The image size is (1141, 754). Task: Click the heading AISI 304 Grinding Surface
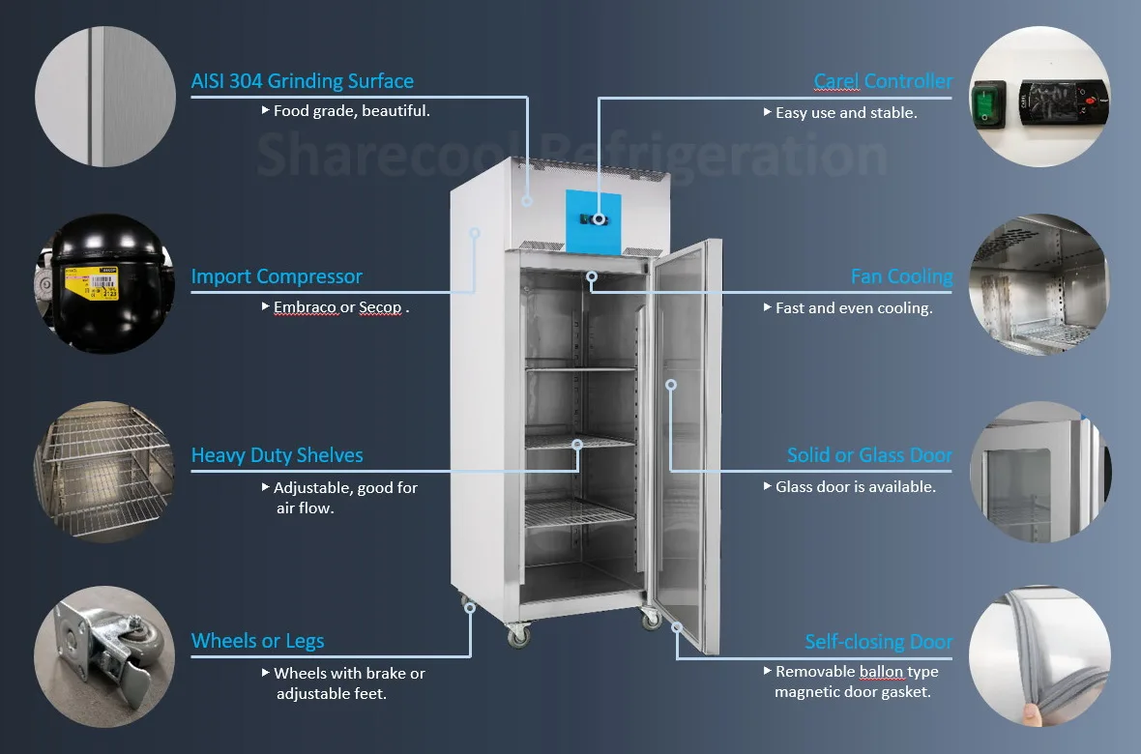[x=302, y=81]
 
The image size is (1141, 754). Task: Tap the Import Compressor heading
[x=277, y=276]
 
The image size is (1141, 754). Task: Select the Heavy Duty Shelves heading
[x=278, y=455]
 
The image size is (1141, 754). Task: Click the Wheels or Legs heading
[x=257, y=641]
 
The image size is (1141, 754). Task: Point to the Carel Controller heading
[x=883, y=81]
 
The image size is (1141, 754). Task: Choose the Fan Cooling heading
[x=901, y=277]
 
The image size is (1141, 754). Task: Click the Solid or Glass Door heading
[x=869, y=455]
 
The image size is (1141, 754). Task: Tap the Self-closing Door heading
[x=878, y=642]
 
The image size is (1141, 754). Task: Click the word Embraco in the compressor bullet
[x=305, y=307]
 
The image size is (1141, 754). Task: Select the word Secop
[x=380, y=307]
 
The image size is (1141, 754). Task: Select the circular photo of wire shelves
[x=104, y=472]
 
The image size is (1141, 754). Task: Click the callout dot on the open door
[x=671, y=384]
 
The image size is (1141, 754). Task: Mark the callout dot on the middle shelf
[x=577, y=445]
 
